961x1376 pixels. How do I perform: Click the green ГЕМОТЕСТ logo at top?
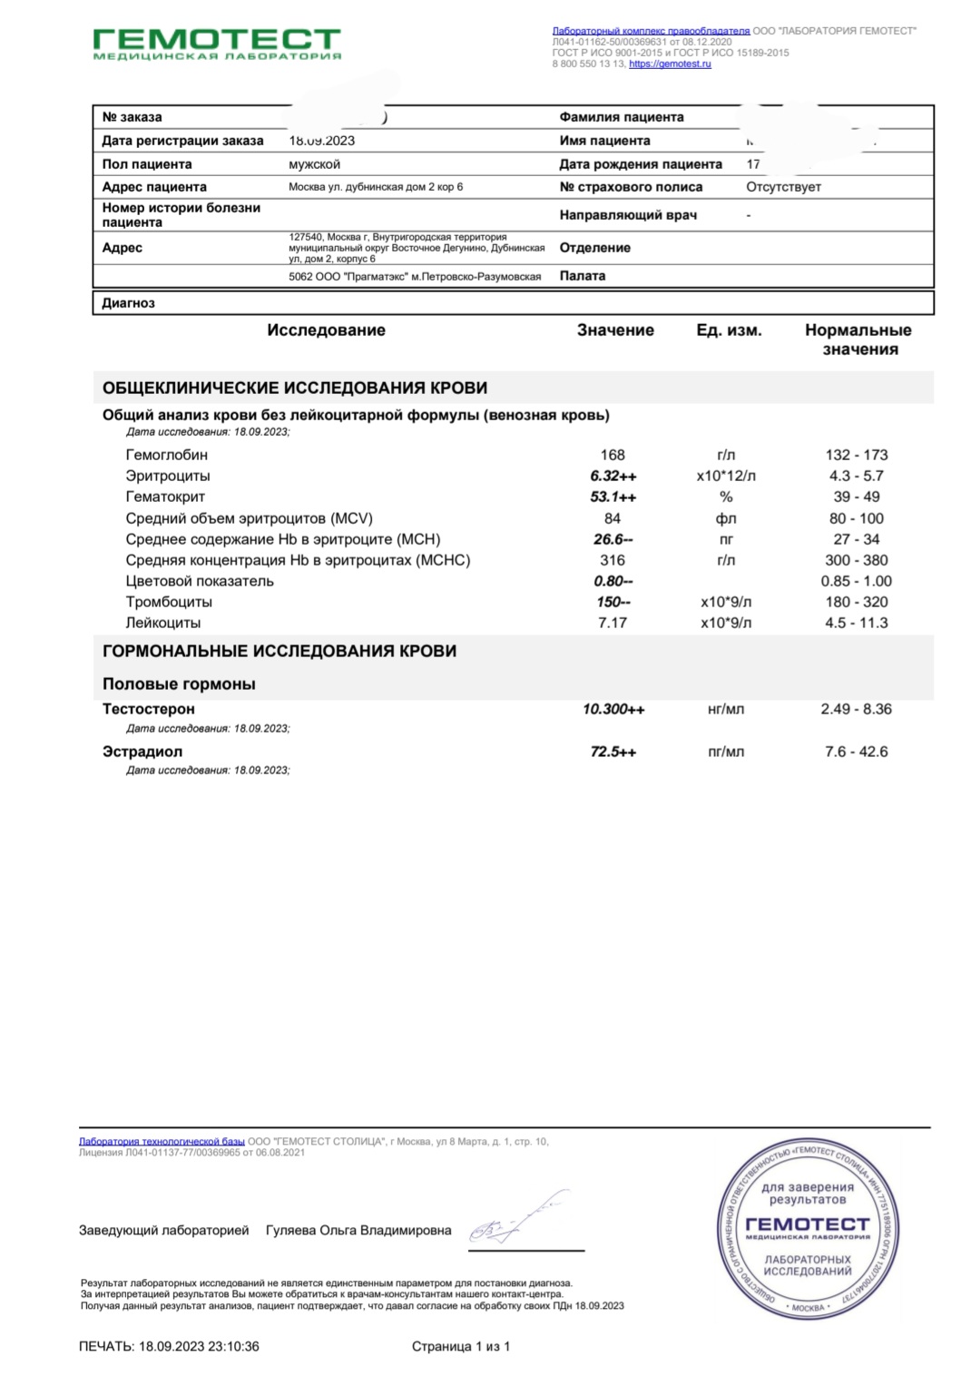217,42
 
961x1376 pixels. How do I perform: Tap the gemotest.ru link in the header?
670,64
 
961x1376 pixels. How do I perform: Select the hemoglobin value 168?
613,455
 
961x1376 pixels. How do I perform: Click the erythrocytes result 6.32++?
613,476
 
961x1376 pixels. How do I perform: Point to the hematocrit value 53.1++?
613,496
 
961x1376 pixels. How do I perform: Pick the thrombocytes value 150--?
613,602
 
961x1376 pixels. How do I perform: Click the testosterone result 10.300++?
613,709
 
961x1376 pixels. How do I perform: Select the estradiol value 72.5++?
613,752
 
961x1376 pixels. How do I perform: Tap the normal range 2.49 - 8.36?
856,709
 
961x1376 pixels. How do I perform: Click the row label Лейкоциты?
163,623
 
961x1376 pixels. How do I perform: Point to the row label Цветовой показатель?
200,581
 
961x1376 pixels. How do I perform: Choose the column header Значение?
615,330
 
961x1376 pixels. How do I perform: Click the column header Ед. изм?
729,330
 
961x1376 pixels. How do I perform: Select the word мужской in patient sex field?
314,164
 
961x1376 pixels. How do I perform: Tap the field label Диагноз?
128,303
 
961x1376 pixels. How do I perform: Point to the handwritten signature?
517,1220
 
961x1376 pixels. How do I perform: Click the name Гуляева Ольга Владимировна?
358,1231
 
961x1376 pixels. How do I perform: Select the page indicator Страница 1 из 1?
461,1346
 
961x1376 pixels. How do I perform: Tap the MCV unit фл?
726,518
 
